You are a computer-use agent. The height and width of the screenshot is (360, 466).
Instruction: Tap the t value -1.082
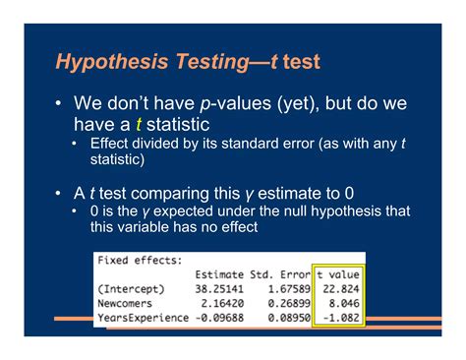(343, 321)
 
